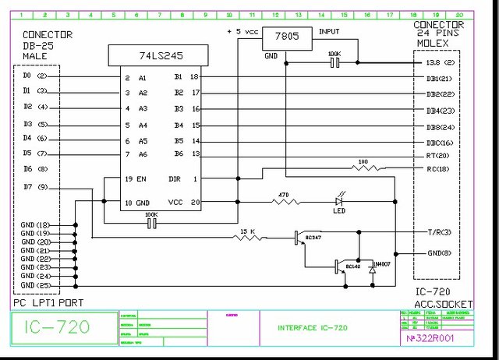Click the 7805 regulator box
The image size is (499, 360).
286,37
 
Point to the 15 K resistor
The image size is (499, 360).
249,237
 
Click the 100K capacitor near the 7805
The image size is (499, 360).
335,62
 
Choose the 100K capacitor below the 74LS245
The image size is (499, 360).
151,223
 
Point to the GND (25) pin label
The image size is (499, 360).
36,285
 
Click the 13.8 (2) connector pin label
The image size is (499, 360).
437,62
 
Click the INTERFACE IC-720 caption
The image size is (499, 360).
313,328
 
